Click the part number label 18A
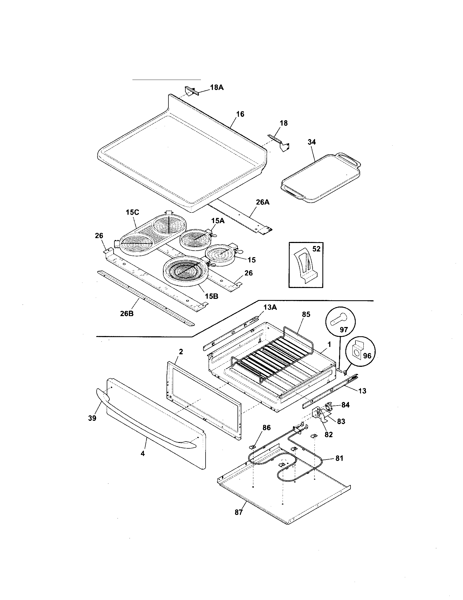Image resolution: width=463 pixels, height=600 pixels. (x=217, y=87)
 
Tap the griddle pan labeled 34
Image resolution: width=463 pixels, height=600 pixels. (x=320, y=179)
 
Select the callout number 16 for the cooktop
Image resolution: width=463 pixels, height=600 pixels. (x=240, y=114)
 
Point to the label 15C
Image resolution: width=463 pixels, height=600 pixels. (x=132, y=212)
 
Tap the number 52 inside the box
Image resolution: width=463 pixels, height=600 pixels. (x=316, y=249)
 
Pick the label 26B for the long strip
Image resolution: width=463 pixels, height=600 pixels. (x=127, y=313)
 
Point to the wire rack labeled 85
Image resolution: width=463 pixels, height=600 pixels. (x=272, y=354)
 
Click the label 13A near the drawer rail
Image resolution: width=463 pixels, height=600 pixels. (x=270, y=307)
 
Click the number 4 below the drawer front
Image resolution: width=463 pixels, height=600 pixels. (x=143, y=454)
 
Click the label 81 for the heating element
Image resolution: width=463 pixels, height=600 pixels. (x=339, y=458)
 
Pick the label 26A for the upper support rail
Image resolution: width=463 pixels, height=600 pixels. (x=263, y=202)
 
